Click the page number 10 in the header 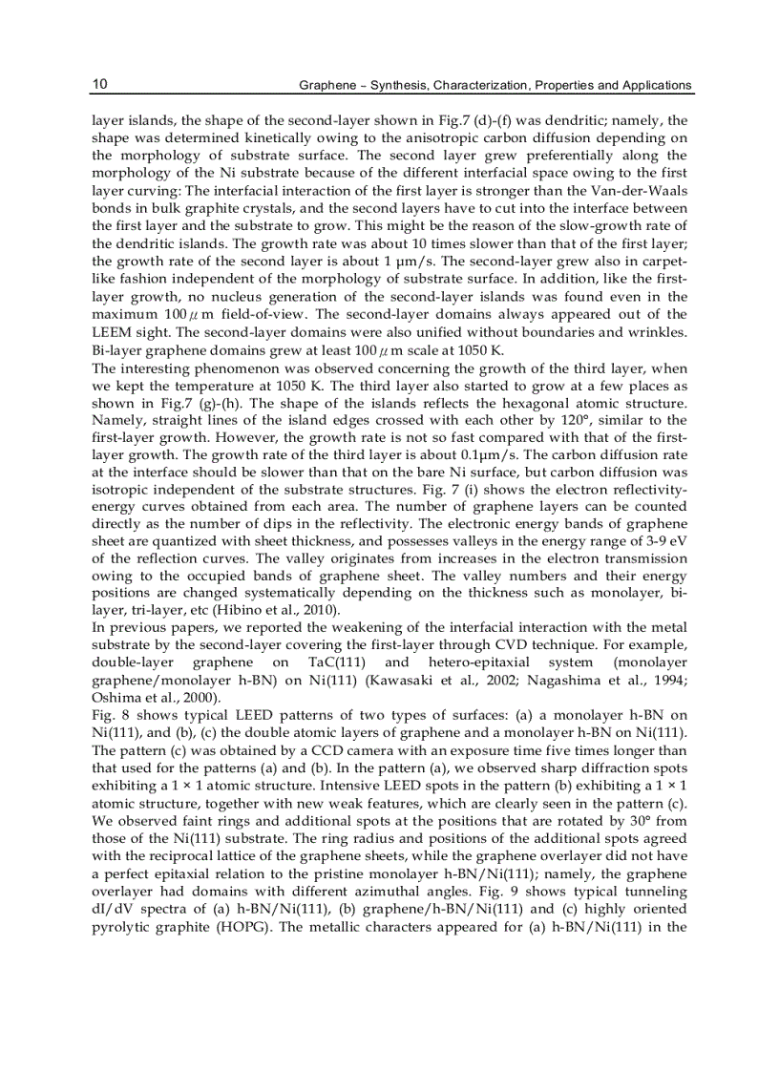pyautogui.click(x=99, y=85)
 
